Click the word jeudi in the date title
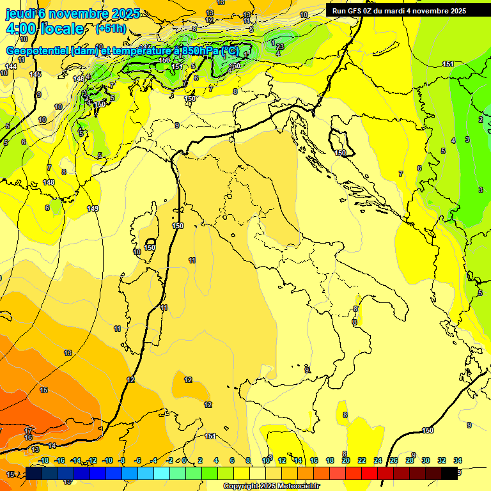pyautogui.click(x=20, y=13)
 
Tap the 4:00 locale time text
pyautogui.click(x=44, y=29)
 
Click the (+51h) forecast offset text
pyautogui.click(x=111, y=29)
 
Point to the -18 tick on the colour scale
pyautogui.click(x=44, y=460)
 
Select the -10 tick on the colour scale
pyautogui.click(x=107, y=460)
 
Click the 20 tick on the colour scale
pyautogui.click(x=346, y=460)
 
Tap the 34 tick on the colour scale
pyautogui.click(x=458, y=460)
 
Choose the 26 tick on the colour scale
pyautogui.click(x=394, y=460)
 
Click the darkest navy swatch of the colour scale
pyautogui.click(x=35, y=472)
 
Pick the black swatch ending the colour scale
pyautogui.click(x=449, y=472)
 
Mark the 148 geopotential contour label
pyautogui.click(x=49, y=183)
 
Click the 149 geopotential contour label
pyautogui.click(x=93, y=208)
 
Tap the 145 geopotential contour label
pyautogui.click(x=35, y=75)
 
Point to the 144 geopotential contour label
pyautogui.click(x=11, y=66)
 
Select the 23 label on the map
pyautogui.click(x=280, y=47)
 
